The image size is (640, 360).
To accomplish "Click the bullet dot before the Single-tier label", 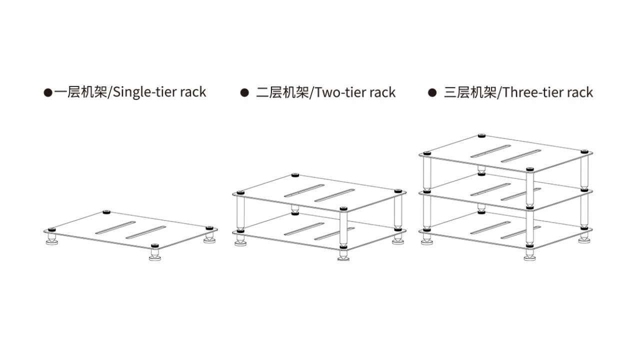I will (x=48, y=92).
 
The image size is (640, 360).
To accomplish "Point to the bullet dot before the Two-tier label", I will (x=244, y=92).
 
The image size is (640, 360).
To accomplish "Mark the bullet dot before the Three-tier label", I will (x=432, y=92).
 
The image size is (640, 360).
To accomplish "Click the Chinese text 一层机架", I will (x=81, y=92).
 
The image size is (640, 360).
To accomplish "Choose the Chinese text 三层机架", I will (x=470, y=92).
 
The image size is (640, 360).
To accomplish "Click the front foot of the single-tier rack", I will (x=155, y=256).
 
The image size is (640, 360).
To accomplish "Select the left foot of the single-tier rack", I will (x=51, y=241).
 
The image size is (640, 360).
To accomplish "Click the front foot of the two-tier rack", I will (x=343, y=255).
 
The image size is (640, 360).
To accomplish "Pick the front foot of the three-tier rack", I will (x=529, y=256).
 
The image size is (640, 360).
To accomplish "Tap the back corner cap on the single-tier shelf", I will (x=106, y=212).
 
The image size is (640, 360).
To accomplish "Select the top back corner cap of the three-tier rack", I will (x=481, y=135).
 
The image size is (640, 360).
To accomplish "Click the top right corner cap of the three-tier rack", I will (x=584, y=151).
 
